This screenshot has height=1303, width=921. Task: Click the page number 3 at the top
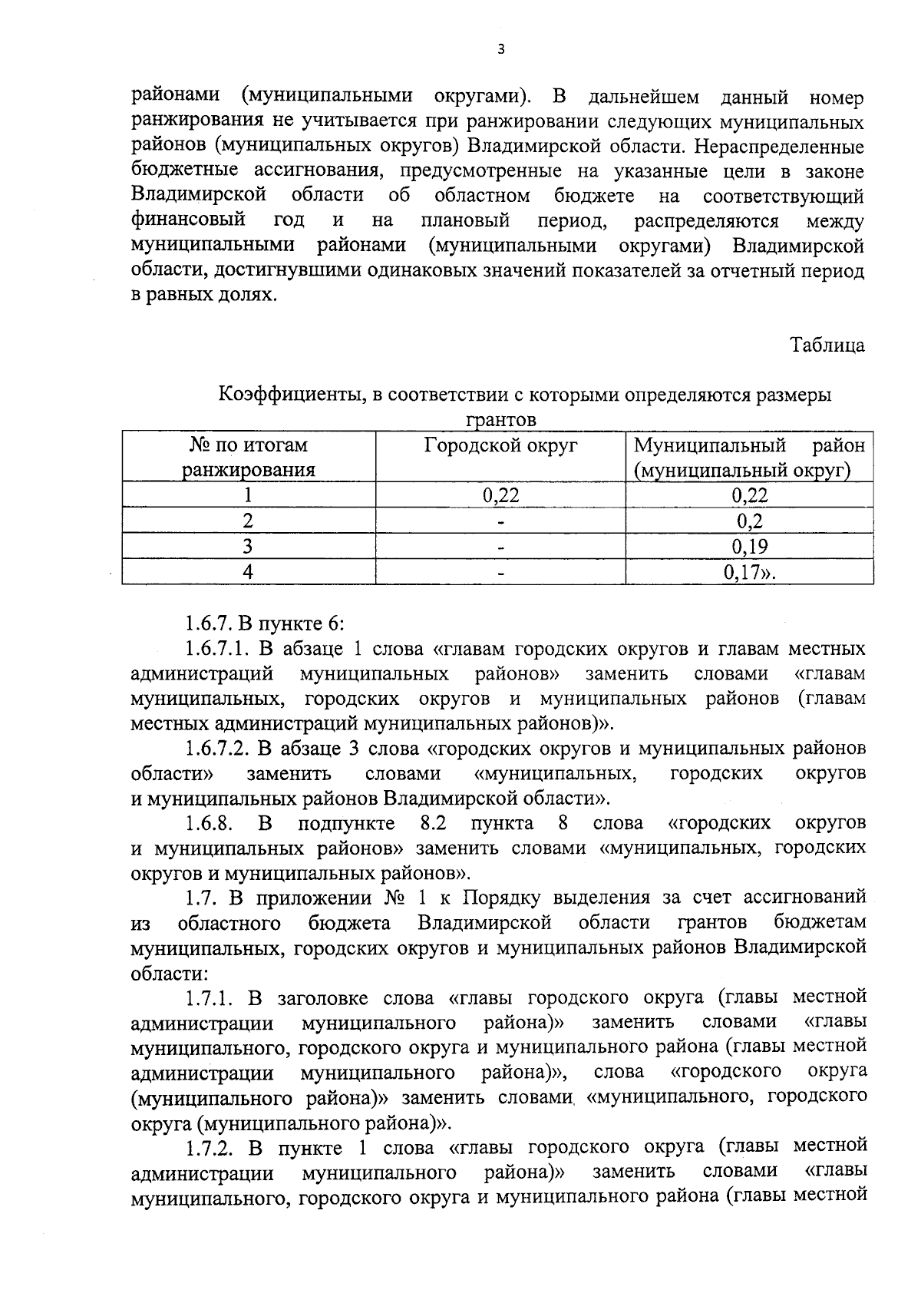coord(501,50)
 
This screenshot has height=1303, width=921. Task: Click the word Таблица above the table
coord(827,346)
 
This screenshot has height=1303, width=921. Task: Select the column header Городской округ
coord(500,446)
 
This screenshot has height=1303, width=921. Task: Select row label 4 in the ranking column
coord(248,571)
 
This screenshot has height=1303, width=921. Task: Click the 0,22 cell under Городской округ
coord(500,495)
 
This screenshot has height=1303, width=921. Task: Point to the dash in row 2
coord(500,522)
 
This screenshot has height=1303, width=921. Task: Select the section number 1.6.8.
coord(208,823)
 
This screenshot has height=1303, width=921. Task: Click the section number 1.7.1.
coord(208,997)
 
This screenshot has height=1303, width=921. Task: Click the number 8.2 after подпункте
coord(434,823)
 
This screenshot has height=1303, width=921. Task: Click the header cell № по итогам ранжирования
coord(248,458)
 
